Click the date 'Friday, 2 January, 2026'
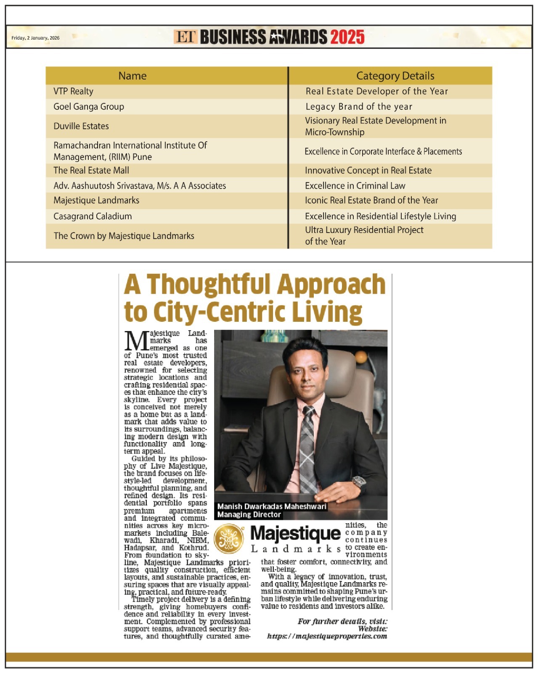(35, 38)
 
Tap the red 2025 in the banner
(347, 37)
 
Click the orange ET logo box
(185, 37)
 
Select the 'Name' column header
(133, 76)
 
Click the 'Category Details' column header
(395, 76)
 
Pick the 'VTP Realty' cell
(73, 91)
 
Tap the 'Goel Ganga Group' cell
(89, 106)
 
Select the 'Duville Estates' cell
(81, 126)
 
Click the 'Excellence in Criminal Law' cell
(355, 185)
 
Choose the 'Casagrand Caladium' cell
(93, 216)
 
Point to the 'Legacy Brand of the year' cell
(359, 106)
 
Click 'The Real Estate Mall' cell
(91, 170)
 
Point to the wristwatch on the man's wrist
(359, 482)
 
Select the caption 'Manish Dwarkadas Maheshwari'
(272, 506)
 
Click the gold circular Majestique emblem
(229, 539)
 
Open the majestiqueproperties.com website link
(327, 636)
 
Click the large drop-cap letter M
(136, 341)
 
